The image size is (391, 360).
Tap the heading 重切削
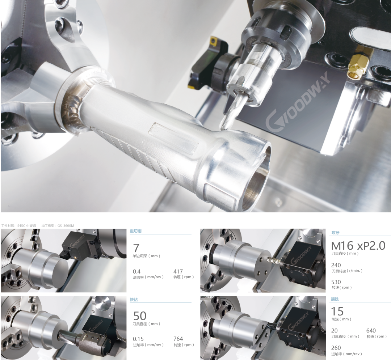[x=136, y=231]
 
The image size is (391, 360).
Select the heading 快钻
[x=134, y=300]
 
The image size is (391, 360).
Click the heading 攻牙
[x=335, y=233]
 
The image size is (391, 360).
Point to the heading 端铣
[x=335, y=299]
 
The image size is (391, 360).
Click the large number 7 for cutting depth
[x=136, y=248]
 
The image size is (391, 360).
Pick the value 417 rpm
[x=178, y=271]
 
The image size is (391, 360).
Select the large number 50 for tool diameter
[x=140, y=316]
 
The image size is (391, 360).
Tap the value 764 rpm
[x=178, y=339]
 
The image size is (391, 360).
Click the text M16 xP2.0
[x=358, y=246]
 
